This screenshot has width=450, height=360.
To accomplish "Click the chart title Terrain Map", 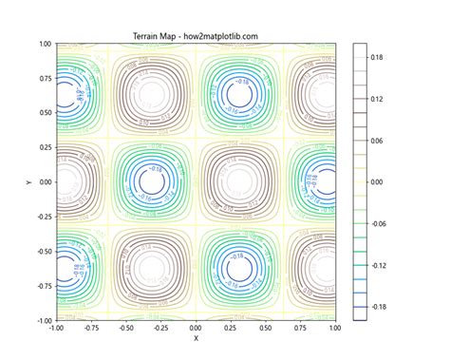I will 196,36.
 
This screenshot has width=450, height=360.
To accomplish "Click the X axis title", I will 196,337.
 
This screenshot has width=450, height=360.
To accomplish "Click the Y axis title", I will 21,181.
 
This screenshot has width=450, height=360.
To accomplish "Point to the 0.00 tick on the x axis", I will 197,327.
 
